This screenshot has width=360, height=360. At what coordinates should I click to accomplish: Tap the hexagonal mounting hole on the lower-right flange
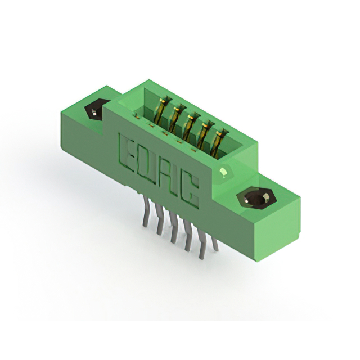256,197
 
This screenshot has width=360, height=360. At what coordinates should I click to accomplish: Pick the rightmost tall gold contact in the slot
218,143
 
